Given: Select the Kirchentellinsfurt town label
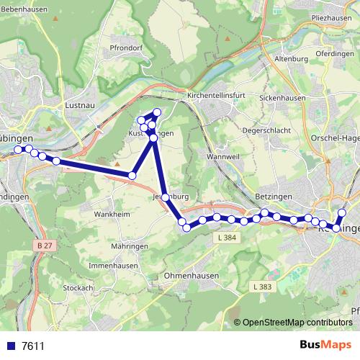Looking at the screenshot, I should click(x=217, y=95).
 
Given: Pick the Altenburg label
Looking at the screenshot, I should click(x=292, y=59).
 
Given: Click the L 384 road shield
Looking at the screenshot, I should click(x=225, y=238).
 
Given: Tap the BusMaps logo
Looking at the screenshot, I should click(x=325, y=345).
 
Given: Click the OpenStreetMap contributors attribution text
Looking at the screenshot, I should click(x=297, y=323).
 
